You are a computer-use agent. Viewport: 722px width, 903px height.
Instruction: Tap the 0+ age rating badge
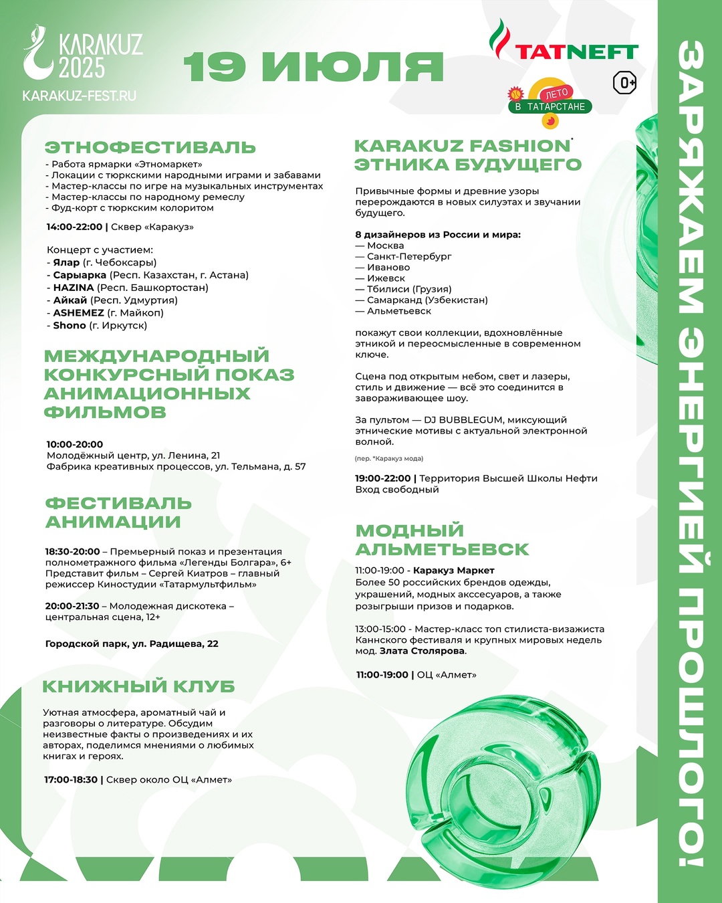pos(624,82)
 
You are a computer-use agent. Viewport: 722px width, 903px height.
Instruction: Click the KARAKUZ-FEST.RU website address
pos(79,96)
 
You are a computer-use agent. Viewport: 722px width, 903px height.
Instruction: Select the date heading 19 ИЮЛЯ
pos(314,66)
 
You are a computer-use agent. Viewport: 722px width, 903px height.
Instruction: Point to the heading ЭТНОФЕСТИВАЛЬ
pos(150,147)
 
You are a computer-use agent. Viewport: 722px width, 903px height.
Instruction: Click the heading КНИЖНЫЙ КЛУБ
pos(139,686)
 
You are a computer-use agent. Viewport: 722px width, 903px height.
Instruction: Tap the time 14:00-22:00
pos(74,227)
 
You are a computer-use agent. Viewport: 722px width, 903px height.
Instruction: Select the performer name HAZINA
pos(74,288)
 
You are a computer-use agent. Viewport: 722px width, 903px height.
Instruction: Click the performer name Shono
pos(70,325)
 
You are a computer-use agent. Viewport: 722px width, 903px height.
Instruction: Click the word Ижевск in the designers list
pos(386,278)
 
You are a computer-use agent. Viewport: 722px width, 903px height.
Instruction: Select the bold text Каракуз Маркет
pos(454,571)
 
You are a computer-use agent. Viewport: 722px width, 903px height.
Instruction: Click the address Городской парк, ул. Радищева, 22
pos(132,643)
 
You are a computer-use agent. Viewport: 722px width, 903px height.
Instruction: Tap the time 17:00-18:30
pos(71,780)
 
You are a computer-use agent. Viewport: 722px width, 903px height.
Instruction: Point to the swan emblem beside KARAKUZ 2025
pos(37,53)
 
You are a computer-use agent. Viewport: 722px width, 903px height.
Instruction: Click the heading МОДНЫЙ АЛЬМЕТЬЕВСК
pos(442,540)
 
